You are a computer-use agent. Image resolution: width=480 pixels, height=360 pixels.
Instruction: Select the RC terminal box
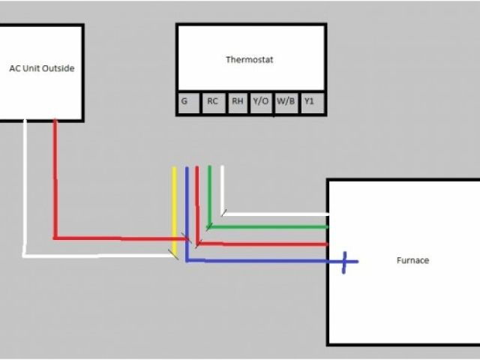(213, 102)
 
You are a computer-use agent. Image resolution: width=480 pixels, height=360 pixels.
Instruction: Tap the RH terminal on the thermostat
(237, 102)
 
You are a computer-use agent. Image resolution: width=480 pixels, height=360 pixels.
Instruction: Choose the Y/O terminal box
(261, 102)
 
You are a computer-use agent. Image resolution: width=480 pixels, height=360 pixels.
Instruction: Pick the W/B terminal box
(286, 102)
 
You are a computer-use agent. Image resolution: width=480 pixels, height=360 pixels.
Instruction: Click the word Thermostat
(250, 59)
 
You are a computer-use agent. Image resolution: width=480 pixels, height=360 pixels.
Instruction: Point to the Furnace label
(412, 261)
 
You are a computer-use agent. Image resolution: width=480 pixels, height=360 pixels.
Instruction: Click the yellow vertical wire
(175, 210)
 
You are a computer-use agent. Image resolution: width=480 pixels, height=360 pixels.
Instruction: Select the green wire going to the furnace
(270, 226)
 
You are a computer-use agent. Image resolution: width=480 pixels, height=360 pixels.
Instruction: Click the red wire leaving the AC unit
(55, 180)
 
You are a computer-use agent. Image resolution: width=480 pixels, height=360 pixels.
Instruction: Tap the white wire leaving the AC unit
(25, 187)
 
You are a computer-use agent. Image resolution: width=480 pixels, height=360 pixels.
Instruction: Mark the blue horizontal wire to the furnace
(262, 261)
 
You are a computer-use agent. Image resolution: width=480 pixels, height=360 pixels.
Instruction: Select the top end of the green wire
(210, 168)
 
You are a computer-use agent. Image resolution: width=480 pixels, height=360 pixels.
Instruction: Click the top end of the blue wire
(187, 169)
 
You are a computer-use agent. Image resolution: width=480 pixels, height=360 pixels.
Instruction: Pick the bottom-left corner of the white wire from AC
(25, 256)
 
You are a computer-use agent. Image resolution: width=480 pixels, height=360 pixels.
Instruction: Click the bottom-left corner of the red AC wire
(55, 238)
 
